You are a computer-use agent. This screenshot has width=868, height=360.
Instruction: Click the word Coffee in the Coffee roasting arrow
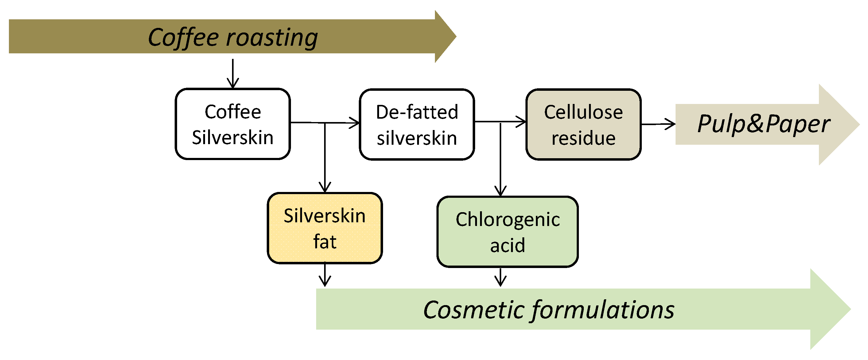coord(183,37)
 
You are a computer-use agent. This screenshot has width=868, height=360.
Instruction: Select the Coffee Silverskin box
coord(233,124)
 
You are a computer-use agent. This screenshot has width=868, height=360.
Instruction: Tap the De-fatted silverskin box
coord(417,124)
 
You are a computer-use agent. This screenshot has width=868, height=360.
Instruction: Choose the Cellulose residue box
coord(583,124)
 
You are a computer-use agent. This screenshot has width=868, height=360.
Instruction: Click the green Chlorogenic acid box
coord(507,232)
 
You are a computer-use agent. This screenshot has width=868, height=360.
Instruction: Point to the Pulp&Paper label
coord(764,124)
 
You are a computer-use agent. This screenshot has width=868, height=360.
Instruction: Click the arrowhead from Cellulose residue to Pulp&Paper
coord(671,124)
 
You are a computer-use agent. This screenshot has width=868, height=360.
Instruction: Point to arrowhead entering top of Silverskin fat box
coord(324,187)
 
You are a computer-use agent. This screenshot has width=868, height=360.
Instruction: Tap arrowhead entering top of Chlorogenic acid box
coord(500,191)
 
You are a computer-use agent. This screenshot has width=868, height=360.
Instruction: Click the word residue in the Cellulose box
coord(583,138)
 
